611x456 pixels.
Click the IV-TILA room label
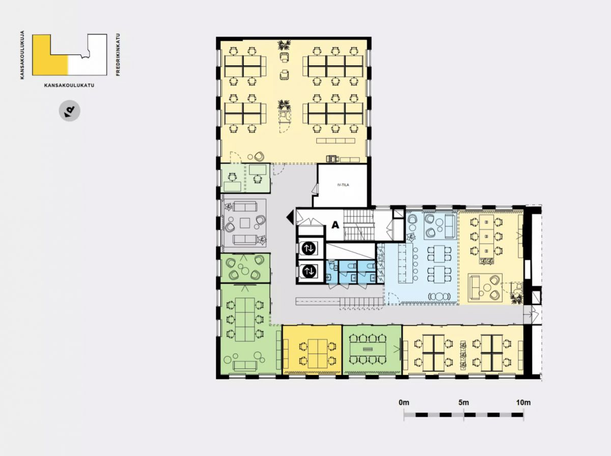coord(343,184)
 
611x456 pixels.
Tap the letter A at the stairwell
coord(335,225)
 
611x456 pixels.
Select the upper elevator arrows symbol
coord(309,248)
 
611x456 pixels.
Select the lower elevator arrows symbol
coord(309,271)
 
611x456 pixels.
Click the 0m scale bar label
coord(404,403)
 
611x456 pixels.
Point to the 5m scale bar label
coord(464,403)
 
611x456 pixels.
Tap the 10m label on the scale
coord(523,403)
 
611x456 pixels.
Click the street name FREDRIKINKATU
coord(118,55)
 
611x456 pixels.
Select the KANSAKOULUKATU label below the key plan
coord(69,85)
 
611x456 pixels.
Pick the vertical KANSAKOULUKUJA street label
coord(22,55)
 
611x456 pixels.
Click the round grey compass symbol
coord(70,111)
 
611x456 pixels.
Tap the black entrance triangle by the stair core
coord(290,218)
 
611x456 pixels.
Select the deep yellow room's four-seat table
coord(318,354)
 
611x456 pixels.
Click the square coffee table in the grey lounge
coord(245,223)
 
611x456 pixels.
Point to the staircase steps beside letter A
coord(358,225)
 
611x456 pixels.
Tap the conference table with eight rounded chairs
coord(368,350)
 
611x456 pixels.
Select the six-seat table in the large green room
coord(245,319)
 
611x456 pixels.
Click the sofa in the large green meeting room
coord(245,366)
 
